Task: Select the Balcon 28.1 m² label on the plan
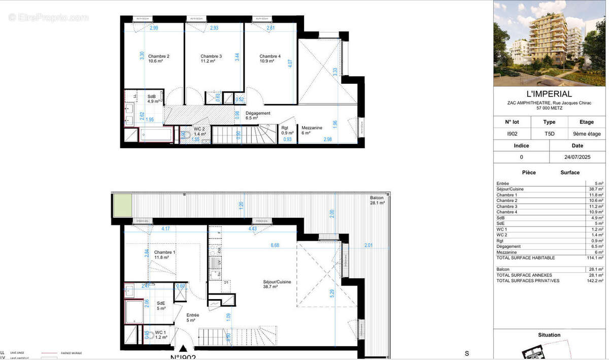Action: pyautogui.click(x=377, y=200)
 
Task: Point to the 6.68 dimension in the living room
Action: pyautogui.click(x=275, y=245)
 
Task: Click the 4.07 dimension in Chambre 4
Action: pyautogui.click(x=290, y=64)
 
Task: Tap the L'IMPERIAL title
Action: pyautogui.click(x=549, y=94)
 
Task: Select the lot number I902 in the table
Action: pyautogui.click(x=512, y=134)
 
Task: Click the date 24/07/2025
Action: pyautogui.click(x=577, y=157)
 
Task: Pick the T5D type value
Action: pyautogui.click(x=549, y=134)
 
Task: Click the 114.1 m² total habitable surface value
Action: pyautogui.click(x=595, y=258)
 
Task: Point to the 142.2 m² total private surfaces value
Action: pyautogui.click(x=595, y=280)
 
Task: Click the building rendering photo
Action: pyautogui.click(x=549, y=43)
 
